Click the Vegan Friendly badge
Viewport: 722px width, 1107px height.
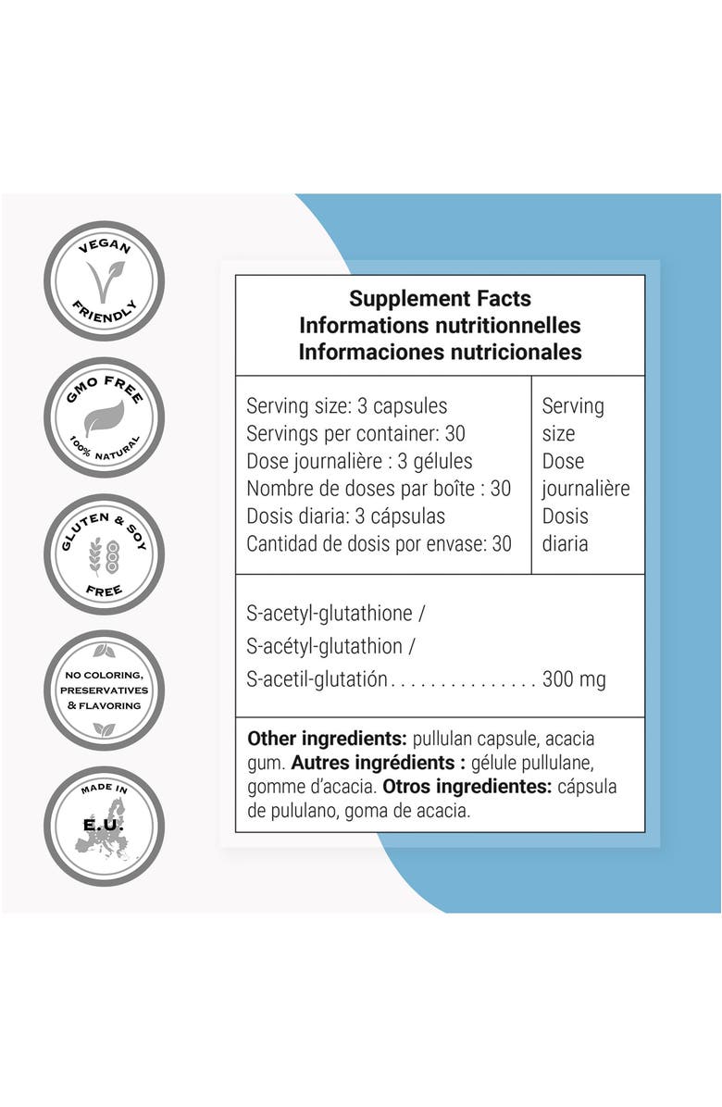[x=104, y=281]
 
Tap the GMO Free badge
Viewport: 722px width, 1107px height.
[x=104, y=417]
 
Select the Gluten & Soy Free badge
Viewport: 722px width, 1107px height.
[x=104, y=553]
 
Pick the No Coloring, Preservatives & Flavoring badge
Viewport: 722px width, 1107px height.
[x=104, y=690]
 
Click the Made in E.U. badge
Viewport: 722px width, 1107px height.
[x=104, y=826]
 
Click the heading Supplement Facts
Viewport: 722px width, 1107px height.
[x=440, y=299]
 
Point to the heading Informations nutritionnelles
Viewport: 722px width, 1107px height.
[x=440, y=326]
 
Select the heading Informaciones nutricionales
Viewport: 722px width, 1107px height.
[x=440, y=352]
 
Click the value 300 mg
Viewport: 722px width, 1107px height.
[x=574, y=679]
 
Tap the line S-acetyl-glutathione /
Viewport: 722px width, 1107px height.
[x=335, y=613]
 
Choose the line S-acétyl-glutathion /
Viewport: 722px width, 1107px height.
[x=330, y=646]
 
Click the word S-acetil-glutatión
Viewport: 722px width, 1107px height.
[x=317, y=679]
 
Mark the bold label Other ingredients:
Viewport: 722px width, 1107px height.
[x=327, y=740]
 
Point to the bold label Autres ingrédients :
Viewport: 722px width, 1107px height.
[x=378, y=763]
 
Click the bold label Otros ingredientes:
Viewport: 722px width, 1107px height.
[x=467, y=787]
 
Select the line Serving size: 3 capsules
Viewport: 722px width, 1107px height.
[x=346, y=406]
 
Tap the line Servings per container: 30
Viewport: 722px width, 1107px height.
[x=355, y=433]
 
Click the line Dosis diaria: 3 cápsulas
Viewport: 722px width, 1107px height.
[x=346, y=516]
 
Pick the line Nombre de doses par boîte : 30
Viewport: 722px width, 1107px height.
[x=379, y=489]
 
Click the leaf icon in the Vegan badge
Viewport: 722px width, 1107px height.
[x=104, y=280]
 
